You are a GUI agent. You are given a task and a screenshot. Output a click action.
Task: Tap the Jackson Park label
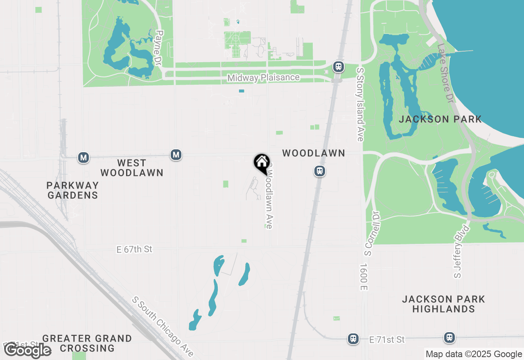pos(440,119)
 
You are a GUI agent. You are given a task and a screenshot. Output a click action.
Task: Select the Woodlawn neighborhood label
pos(314,153)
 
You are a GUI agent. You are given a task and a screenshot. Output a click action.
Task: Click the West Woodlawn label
pos(131,168)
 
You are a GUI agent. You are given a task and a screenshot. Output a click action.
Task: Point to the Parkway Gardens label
pos(72,190)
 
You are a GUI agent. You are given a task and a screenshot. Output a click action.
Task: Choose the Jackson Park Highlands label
pos(443,304)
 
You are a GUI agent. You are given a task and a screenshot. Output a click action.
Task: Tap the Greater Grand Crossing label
pos(87,343)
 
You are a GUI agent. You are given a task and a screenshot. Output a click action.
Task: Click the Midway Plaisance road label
pos(263,78)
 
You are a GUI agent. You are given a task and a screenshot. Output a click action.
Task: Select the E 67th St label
pos(134,249)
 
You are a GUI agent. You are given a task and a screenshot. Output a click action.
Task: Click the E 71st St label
pos(386,340)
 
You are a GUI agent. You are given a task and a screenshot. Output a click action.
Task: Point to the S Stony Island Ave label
pos(360,105)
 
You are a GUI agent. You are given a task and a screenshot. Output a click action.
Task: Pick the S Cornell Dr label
pos(370,234)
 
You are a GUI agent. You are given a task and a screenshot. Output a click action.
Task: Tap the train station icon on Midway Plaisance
pos(338,67)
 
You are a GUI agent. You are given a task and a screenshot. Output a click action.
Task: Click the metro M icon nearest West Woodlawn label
pos(176,155)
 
